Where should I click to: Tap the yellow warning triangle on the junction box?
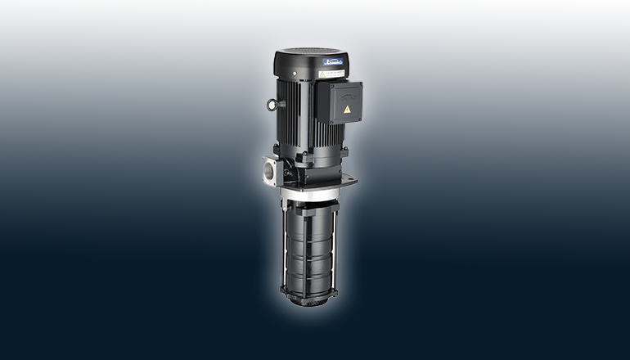[x=349, y=108]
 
